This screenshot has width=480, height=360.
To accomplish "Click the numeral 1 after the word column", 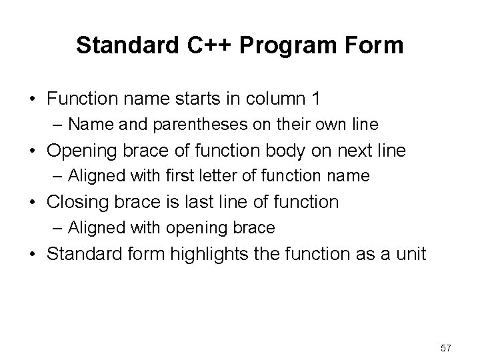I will [x=314, y=99].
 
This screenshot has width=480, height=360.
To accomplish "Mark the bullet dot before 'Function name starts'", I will [x=32, y=99].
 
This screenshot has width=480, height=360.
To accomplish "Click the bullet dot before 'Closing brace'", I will [x=32, y=203].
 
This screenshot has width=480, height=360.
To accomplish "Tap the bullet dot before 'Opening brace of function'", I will [x=32, y=151].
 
